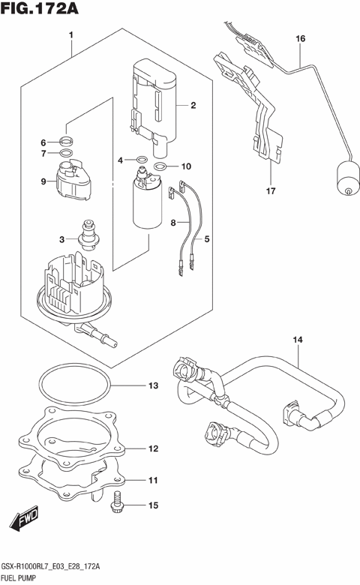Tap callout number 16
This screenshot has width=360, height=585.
point(300,38)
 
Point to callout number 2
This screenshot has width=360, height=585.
point(193,106)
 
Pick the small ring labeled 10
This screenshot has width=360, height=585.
point(161,166)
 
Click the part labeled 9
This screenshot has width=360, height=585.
point(73,181)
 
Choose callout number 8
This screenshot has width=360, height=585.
point(173,223)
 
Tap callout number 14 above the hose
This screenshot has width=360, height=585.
point(297,341)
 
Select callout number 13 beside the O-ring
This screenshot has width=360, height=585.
point(153,386)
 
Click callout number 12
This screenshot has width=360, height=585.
point(153,449)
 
